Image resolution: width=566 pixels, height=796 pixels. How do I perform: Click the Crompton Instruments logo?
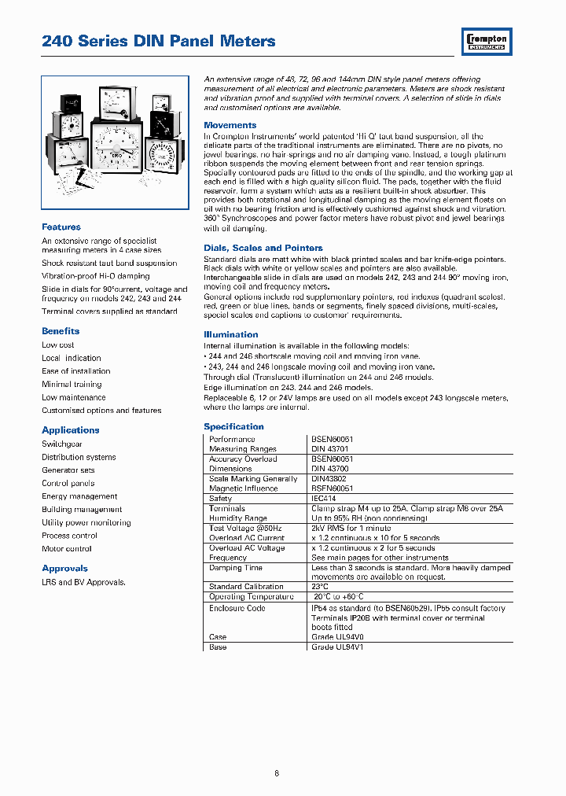click(487, 41)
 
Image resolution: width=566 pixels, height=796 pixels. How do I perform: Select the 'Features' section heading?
click(61, 227)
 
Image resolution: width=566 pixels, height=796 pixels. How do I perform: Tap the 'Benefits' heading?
click(61, 331)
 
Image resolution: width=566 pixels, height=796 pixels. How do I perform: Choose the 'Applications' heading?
click(71, 430)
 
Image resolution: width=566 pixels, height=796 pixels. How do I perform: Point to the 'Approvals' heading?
click(64, 569)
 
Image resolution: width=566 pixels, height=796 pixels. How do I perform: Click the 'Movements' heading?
click(230, 125)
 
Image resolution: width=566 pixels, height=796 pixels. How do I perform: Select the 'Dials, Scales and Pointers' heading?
click(263, 248)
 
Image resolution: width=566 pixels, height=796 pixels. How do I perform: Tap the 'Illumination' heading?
click(230, 334)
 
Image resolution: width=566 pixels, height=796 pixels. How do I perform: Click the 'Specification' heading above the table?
click(233, 426)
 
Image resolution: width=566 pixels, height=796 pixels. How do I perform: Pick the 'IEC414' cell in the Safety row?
click(325, 499)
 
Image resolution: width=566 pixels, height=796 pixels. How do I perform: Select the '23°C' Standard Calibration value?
click(321, 587)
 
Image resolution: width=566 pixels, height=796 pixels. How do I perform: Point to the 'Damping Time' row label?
click(236, 568)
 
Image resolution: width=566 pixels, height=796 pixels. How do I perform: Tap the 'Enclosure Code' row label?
click(237, 609)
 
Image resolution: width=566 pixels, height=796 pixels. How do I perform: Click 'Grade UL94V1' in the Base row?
click(337, 647)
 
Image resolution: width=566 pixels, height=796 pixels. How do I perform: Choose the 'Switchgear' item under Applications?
click(62, 444)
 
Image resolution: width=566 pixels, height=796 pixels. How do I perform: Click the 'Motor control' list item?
click(67, 549)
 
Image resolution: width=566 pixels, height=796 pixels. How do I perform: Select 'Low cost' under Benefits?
click(58, 345)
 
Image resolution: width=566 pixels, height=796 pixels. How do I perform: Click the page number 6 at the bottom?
click(277, 773)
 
